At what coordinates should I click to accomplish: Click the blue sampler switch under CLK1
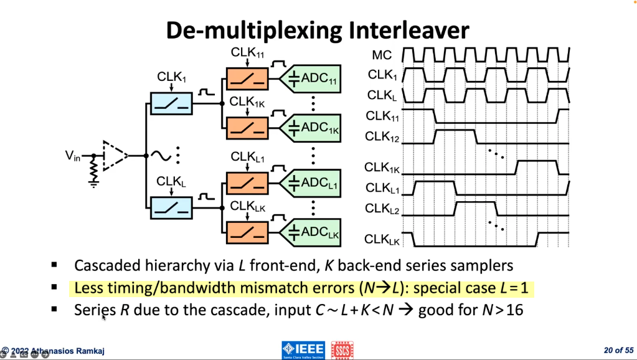pos(171,103)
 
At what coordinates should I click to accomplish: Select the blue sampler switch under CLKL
pos(171,207)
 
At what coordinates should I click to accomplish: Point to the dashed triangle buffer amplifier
pos(116,155)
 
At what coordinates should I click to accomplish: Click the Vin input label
pos(73,156)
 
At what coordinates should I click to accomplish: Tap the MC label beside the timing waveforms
pos(382,57)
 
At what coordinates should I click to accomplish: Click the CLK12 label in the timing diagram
pos(382,136)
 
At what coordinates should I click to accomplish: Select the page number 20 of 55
pos(618,350)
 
